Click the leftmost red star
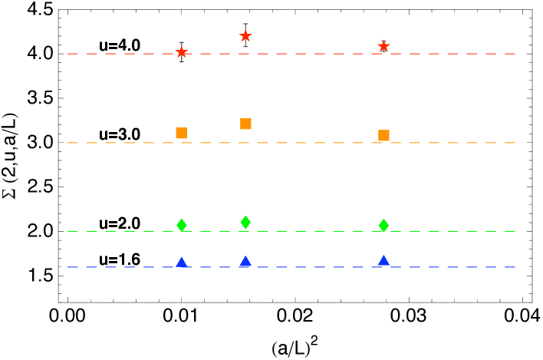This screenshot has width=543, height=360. coord(181,51)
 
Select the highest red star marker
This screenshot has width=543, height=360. coord(245,35)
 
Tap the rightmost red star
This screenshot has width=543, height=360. coord(383,46)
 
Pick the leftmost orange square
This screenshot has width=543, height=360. coord(181,133)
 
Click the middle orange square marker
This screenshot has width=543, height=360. coord(245,124)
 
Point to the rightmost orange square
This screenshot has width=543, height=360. coord(383,135)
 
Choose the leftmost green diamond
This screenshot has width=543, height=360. coord(181,225)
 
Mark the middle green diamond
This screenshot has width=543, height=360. coord(245,222)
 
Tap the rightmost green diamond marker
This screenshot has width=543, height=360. coord(383,225)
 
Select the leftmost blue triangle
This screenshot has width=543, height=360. coord(181,263)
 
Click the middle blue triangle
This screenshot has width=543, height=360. coord(245,262)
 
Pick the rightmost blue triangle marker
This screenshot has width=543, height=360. coord(383,261)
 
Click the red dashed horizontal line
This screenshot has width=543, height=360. coord(307,54)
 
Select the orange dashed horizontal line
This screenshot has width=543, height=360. coord(307,143)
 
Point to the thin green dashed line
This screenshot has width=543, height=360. coord(307,231)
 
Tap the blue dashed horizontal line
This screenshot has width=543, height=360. coord(307,267)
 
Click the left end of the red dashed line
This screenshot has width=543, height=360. coord(68,54)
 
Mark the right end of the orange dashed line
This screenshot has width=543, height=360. coord(515,143)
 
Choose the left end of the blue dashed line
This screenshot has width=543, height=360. coord(68,267)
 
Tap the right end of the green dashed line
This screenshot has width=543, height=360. coord(515,231)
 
